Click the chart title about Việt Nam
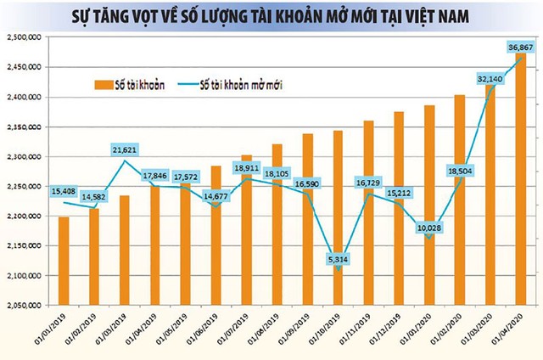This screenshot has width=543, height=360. point(271,14)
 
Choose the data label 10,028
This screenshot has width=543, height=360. point(427,228)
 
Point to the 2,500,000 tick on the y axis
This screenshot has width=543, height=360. point(25,37)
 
